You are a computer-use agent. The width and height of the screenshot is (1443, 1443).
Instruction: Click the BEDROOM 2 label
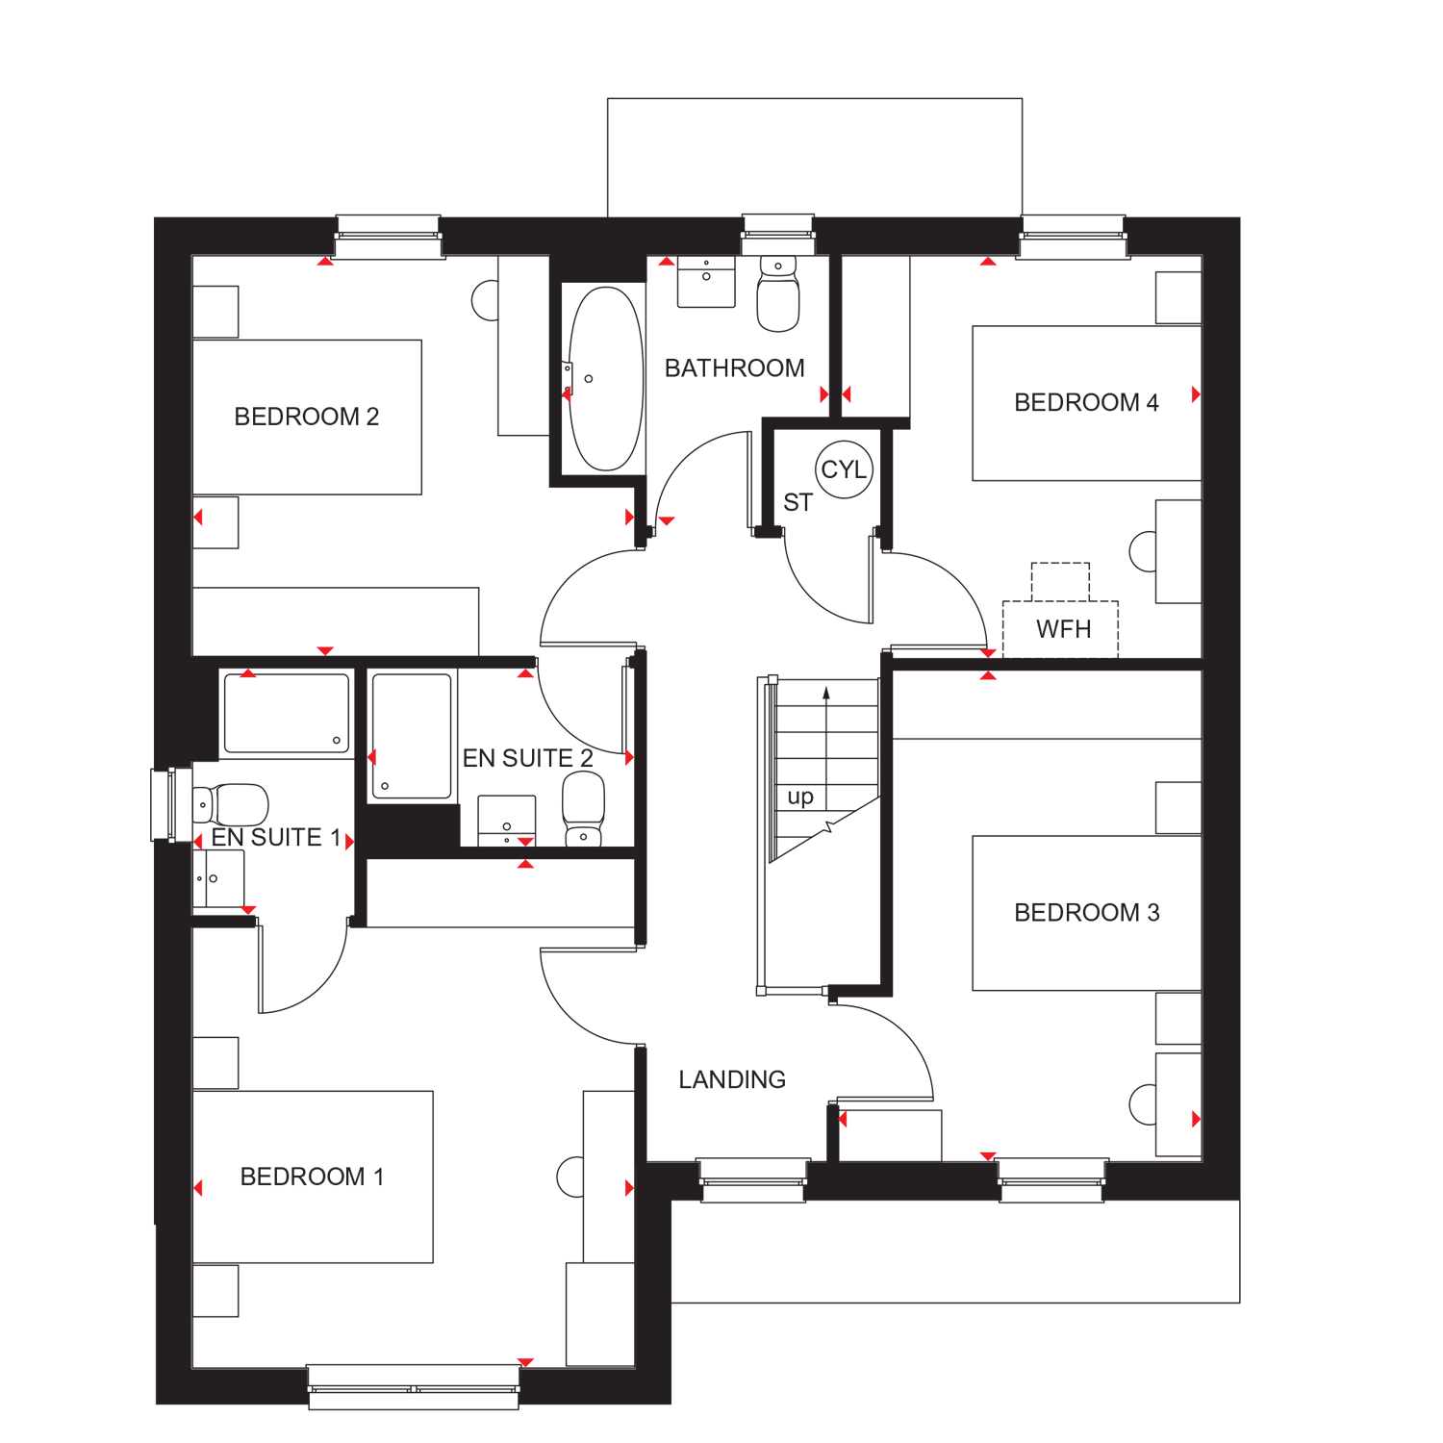tap(307, 417)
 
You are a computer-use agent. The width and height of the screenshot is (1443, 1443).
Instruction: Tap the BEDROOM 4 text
tap(1087, 402)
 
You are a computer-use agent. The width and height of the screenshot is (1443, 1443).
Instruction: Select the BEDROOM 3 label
tap(1087, 912)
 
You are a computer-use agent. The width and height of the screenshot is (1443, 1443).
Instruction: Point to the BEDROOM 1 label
tap(312, 1177)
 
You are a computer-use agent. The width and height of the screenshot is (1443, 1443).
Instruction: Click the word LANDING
tap(732, 1080)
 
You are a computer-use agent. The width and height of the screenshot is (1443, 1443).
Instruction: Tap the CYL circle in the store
tap(845, 469)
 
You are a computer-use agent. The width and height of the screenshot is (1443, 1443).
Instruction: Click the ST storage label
tap(797, 502)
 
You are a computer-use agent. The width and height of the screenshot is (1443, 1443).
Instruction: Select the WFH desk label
tap(1064, 629)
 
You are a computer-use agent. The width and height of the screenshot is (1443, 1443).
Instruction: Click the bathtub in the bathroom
tap(605, 378)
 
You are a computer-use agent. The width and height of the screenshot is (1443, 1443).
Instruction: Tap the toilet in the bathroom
tap(778, 292)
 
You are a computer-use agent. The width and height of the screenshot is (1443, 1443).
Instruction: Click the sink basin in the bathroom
tap(706, 281)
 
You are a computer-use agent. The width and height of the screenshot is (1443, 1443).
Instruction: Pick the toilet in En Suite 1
tap(231, 804)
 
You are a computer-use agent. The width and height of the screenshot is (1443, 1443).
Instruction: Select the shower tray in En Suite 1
tap(287, 713)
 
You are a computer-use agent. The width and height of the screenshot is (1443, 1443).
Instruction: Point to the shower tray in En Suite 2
tap(412, 736)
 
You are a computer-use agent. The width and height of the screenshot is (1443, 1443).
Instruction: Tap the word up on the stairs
tap(800, 797)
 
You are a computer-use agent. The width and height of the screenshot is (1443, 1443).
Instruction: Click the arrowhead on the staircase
tap(825, 693)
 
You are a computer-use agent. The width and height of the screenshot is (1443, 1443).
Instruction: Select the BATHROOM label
tap(735, 368)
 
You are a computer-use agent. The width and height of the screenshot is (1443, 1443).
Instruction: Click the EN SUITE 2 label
tap(528, 758)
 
